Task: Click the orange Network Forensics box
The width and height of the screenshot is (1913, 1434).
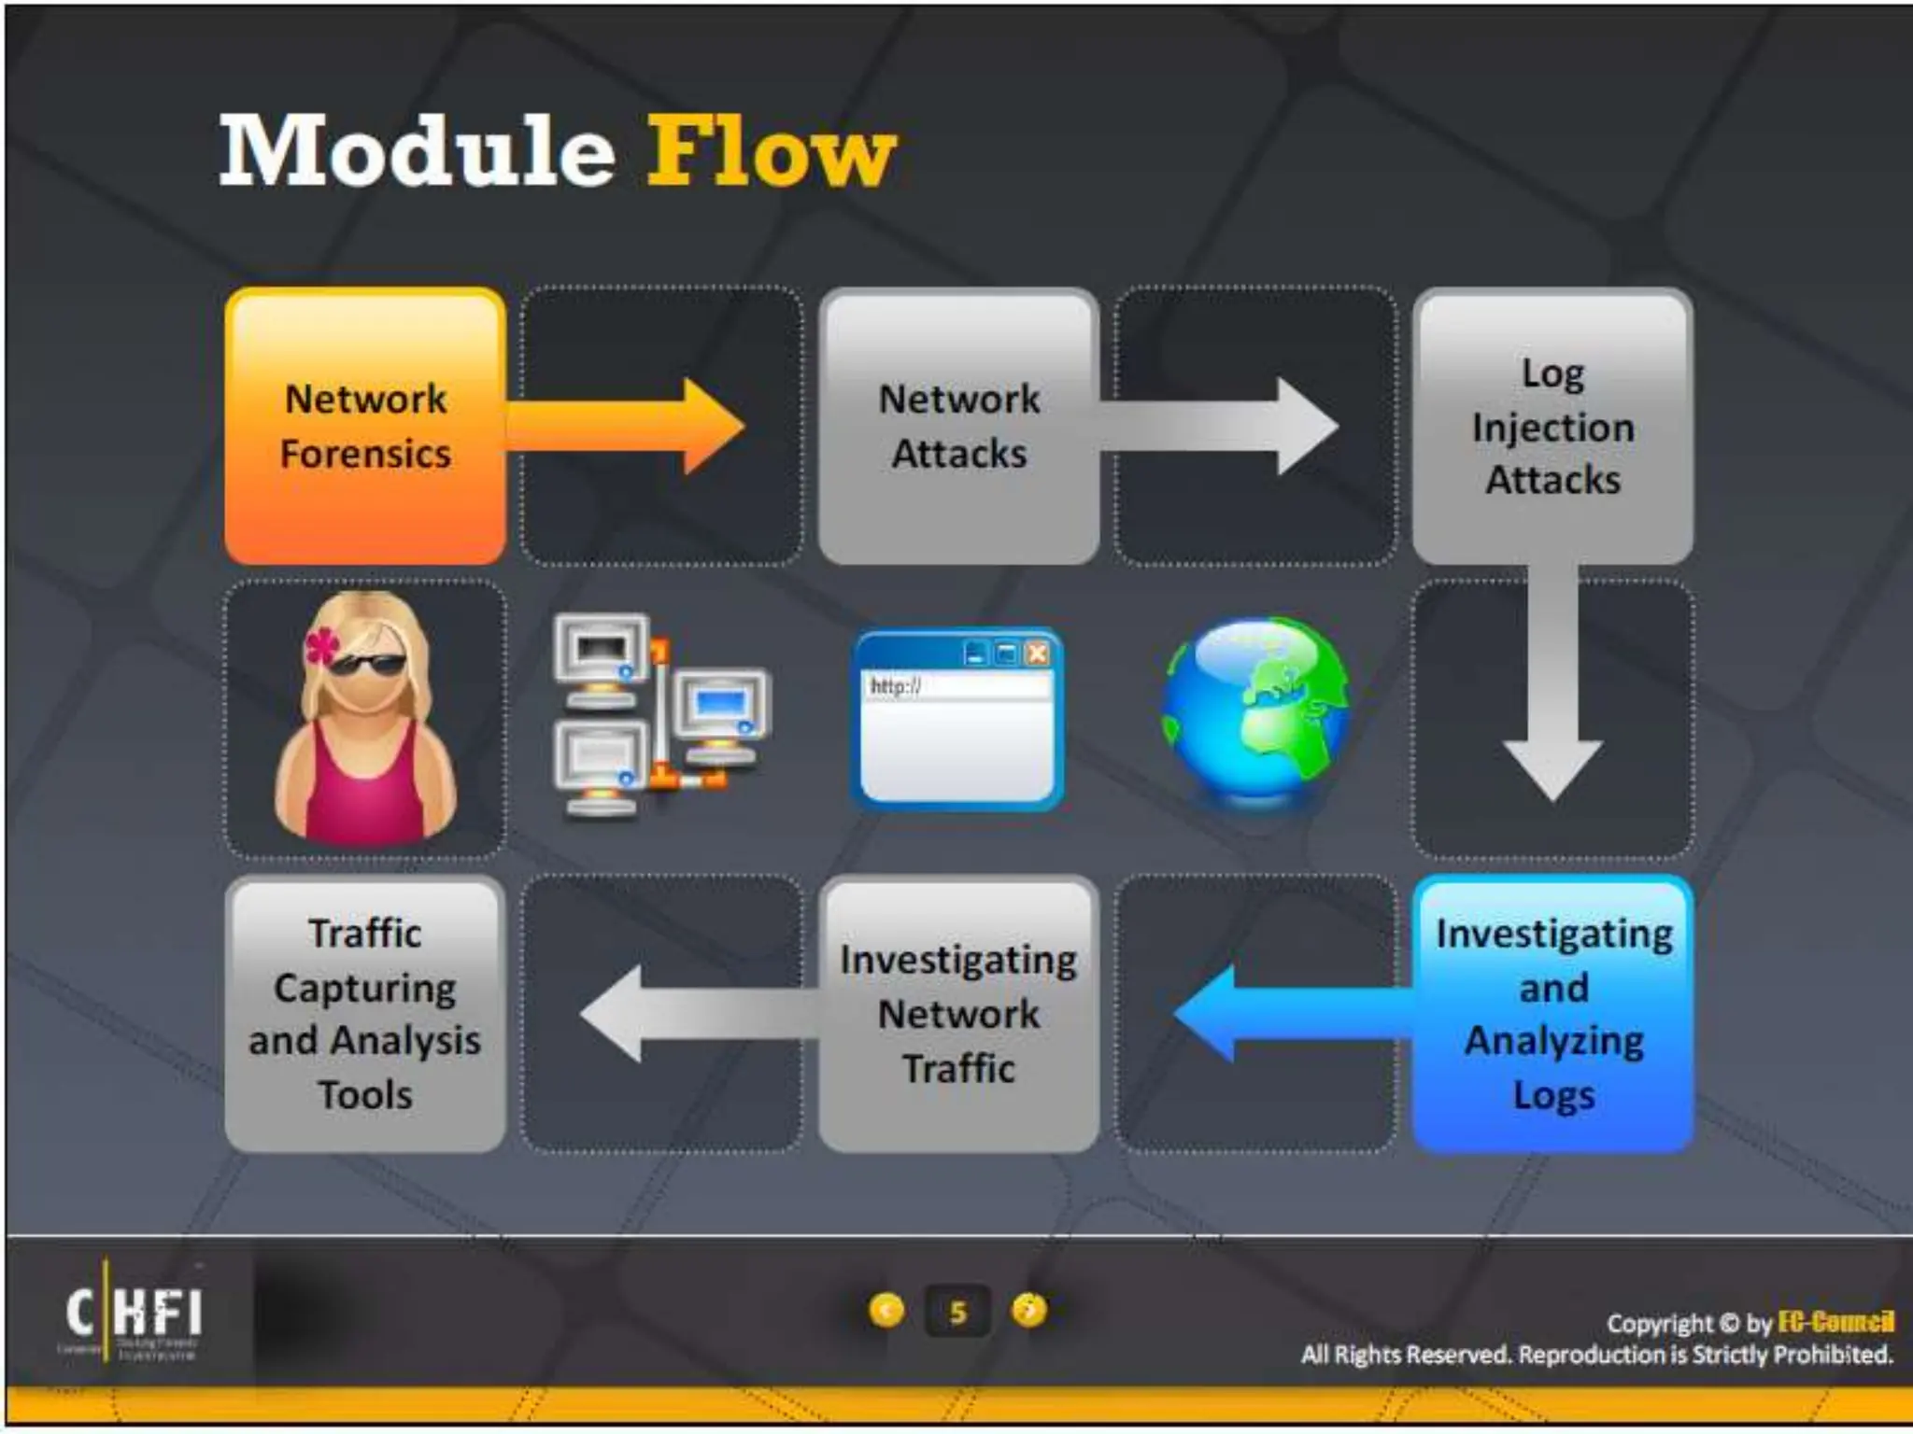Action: [365, 426]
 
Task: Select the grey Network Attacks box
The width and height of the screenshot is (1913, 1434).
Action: [958, 426]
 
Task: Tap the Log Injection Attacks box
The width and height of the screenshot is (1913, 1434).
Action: [1552, 426]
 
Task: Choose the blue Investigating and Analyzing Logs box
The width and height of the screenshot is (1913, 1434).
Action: [1552, 1014]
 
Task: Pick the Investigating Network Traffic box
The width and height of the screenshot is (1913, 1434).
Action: [958, 1014]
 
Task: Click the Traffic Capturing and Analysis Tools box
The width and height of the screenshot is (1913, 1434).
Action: [365, 1014]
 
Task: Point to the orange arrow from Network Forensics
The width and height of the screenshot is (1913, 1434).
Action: [626, 426]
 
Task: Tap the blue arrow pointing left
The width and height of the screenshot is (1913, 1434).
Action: [1289, 1014]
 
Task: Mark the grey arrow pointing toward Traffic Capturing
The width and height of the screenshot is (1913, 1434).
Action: [696, 1014]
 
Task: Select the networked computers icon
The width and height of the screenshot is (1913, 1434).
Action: [659, 715]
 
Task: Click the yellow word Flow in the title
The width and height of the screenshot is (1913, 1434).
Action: [771, 151]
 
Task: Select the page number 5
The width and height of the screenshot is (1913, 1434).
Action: [957, 1313]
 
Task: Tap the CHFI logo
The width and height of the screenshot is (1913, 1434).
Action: [134, 1312]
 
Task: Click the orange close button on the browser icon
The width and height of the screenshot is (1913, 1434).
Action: [1036, 654]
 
